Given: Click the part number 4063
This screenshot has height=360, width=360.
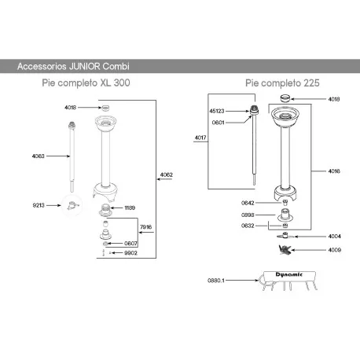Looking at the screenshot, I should point(38,156).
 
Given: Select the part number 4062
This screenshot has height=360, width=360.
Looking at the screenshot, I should point(167,174).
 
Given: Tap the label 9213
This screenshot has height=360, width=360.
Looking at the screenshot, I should point(39,204).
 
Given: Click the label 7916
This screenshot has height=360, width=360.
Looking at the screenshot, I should point(145,227).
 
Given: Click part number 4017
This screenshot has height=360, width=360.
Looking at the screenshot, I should point(200,138).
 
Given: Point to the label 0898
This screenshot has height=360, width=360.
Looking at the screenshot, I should point(248,214).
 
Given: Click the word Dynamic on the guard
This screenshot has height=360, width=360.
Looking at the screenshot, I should point(278,274).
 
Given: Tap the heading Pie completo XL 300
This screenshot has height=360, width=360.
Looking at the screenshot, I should point(86,82).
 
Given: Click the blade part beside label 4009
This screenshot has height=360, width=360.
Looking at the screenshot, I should point(285,249).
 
